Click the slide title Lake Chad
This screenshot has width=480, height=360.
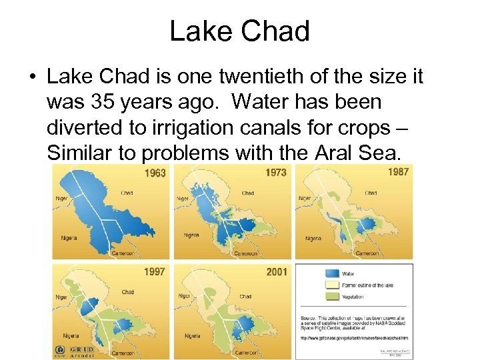[239, 31]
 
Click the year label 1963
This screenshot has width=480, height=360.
[155, 173]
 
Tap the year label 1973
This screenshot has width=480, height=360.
[275, 173]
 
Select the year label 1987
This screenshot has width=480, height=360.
[397, 172]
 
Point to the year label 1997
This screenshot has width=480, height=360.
[155, 272]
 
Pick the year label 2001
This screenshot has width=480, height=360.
[275, 272]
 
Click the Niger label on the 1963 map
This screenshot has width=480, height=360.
[61, 198]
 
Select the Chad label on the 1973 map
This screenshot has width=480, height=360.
[247, 193]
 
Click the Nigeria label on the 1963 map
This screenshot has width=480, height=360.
[69, 238]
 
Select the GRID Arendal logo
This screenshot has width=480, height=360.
[81, 351]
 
